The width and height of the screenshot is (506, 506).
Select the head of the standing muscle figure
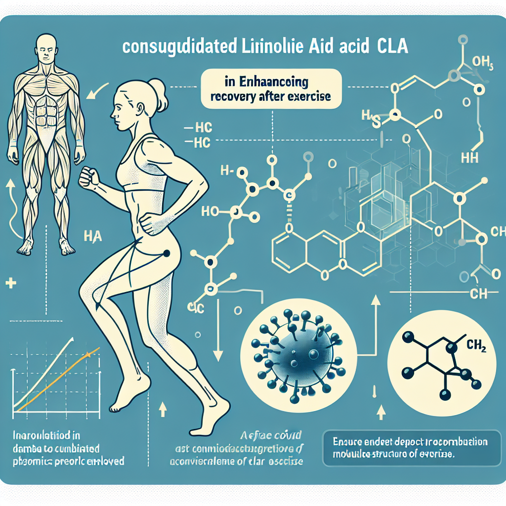pyautogui.click(x=45, y=49)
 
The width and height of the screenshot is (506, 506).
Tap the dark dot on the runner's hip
pyautogui.click(x=165, y=253)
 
